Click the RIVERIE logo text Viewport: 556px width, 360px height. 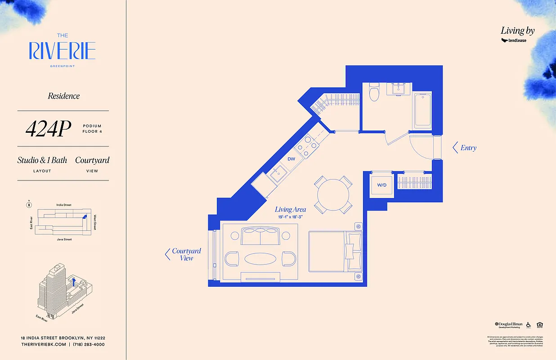(63, 51)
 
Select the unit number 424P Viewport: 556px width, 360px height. (48, 129)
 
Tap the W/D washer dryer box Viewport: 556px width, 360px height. (382, 185)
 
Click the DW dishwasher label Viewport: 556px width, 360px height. (291, 159)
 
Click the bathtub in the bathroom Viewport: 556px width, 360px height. (423, 110)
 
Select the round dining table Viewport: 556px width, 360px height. (333, 195)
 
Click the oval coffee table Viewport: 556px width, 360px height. (260, 259)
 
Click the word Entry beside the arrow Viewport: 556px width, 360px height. (468, 148)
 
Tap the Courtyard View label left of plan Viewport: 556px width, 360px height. (186, 255)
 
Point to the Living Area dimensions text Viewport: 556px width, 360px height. (290, 217)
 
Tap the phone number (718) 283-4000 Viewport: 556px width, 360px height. (89, 344)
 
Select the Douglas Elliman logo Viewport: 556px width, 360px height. (508, 324)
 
